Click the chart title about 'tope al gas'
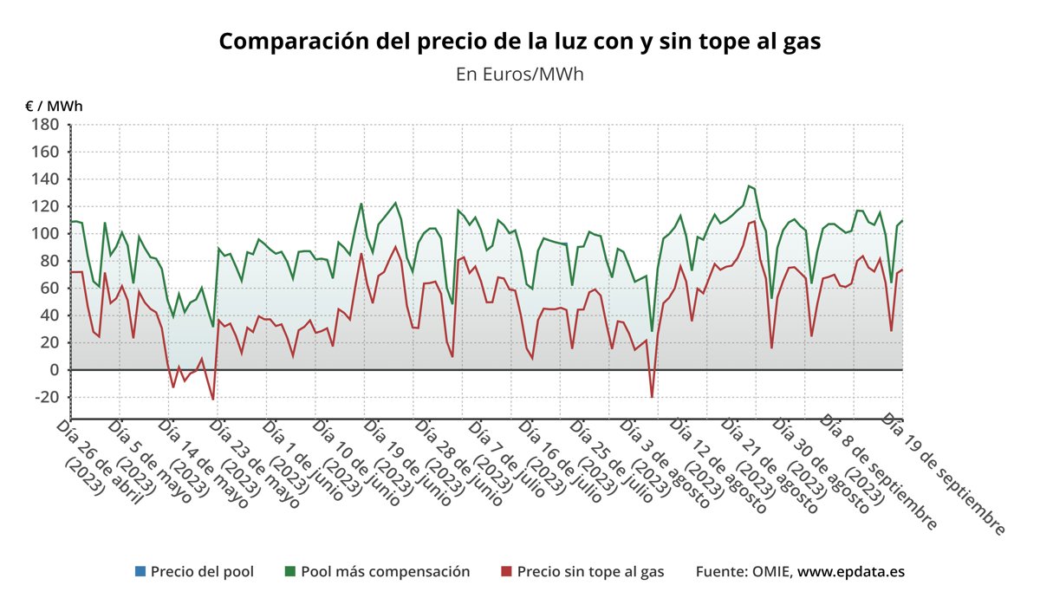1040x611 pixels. [519, 42]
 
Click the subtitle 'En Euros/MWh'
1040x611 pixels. [519, 74]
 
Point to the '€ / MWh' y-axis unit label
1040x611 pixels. [54, 107]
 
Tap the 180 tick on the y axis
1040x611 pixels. [45, 125]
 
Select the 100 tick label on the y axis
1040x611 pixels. [45, 234]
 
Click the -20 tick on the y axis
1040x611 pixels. [43, 397]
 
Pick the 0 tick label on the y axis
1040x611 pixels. [53, 370]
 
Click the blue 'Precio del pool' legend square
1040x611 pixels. [140, 572]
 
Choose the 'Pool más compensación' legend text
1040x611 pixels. [385, 572]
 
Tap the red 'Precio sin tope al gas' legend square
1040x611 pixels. [506, 572]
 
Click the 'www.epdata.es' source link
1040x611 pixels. [851, 572]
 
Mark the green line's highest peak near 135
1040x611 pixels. [749, 185]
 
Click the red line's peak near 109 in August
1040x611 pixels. [754, 221]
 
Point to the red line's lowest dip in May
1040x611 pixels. [212, 400]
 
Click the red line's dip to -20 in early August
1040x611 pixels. [652, 398]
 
